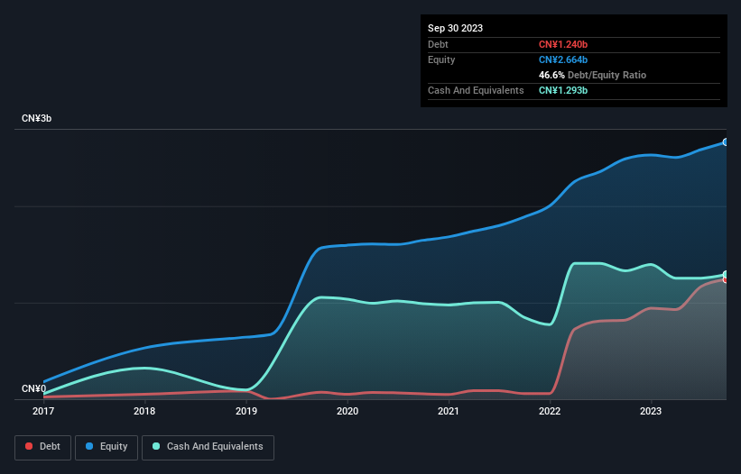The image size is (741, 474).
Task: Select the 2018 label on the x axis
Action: (x=144, y=411)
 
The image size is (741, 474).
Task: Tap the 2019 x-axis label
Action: (x=246, y=411)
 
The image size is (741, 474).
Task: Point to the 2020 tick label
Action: (x=347, y=411)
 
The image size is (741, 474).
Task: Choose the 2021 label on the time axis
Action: (x=449, y=411)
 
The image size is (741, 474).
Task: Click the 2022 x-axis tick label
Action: (x=550, y=411)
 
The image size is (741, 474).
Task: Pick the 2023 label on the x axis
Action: (x=651, y=411)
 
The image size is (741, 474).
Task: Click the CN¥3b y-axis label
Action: (x=37, y=119)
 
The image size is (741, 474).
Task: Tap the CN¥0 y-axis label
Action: (x=33, y=389)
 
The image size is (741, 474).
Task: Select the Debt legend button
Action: (x=42, y=447)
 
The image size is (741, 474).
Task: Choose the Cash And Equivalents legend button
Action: (x=208, y=447)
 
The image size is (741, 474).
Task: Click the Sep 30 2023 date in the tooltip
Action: (x=456, y=28)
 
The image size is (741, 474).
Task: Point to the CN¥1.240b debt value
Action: (x=563, y=44)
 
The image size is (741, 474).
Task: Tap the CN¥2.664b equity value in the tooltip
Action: (x=563, y=59)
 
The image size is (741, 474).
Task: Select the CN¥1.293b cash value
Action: (x=563, y=90)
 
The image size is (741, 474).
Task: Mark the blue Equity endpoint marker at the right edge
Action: (x=725, y=142)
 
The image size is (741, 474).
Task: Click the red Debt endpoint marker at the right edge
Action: (x=725, y=279)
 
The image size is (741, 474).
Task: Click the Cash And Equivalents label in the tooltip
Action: (x=476, y=90)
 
